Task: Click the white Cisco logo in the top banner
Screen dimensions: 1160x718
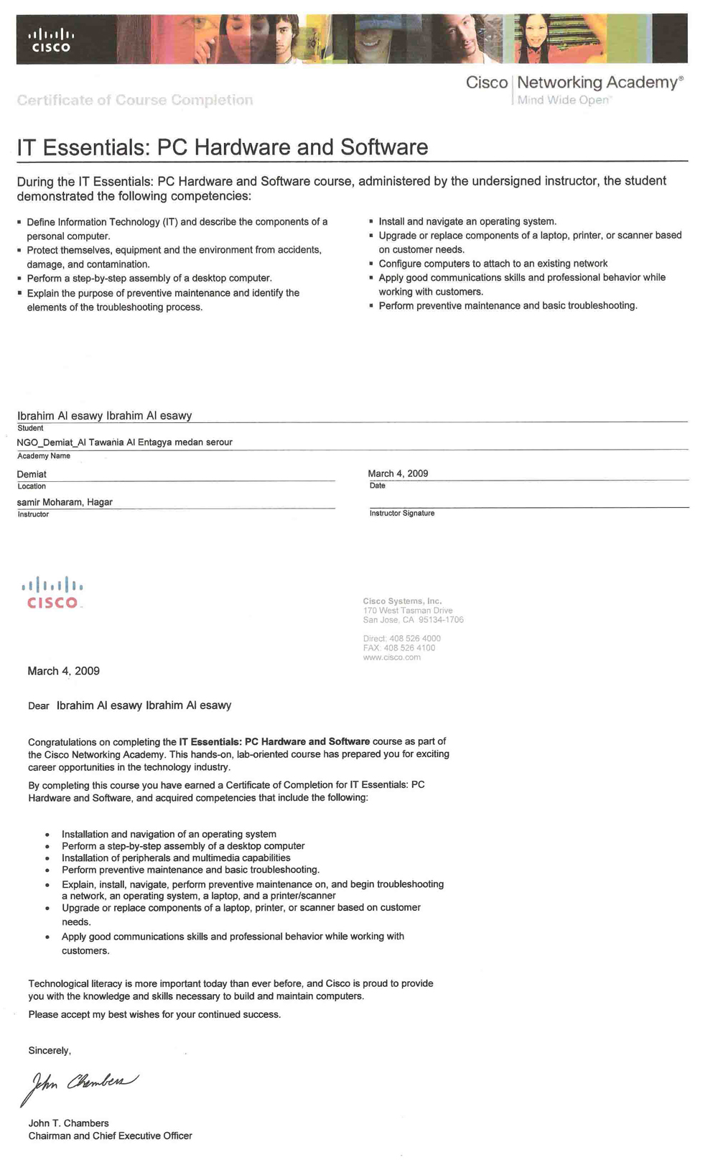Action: pyautogui.click(x=52, y=40)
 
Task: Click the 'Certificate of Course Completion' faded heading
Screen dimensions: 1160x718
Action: pyautogui.click(x=135, y=100)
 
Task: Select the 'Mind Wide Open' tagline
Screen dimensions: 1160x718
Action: pyautogui.click(x=563, y=100)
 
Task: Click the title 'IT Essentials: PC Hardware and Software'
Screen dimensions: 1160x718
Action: pyautogui.click(x=222, y=147)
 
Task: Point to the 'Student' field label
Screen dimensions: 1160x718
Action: pyautogui.click(x=30, y=428)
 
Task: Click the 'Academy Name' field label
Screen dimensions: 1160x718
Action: pyautogui.click(x=44, y=456)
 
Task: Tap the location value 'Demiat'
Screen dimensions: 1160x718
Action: pyautogui.click(x=32, y=474)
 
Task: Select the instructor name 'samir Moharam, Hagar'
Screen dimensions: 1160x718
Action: pyautogui.click(x=65, y=502)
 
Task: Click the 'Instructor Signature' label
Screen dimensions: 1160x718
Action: pyautogui.click(x=401, y=514)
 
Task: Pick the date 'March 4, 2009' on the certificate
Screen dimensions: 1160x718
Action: pyautogui.click(x=398, y=473)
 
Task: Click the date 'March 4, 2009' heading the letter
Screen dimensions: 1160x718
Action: pyautogui.click(x=63, y=671)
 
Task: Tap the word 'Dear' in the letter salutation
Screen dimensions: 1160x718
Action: pyautogui.click(x=39, y=706)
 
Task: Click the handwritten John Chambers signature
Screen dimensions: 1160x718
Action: pyautogui.click(x=79, y=1084)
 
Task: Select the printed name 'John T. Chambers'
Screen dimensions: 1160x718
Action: pyautogui.click(x=68, y=1123)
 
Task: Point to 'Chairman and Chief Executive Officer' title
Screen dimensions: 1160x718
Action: pyautogui.click(x=110, y=1136)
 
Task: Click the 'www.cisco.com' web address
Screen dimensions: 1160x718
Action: pyautogui.click(x=391, y=657)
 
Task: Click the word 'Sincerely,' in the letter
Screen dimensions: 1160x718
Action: pyautogui.click(x=50, y=1051)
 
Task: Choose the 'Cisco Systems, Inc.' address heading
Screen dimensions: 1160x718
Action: pyautogui.click(x=402, y=601)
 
